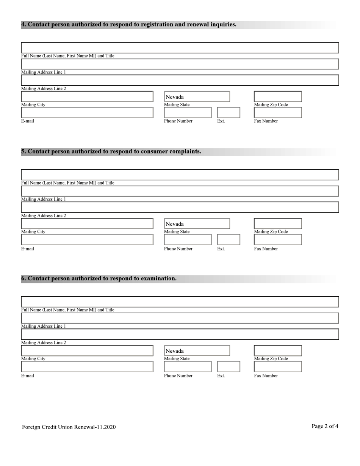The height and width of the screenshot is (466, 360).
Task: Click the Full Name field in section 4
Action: [180, 48]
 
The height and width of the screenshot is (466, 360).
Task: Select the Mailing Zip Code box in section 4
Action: [277, 97]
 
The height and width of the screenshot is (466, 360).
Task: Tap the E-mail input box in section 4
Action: [87, 113]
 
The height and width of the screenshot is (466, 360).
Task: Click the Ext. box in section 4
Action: [229, 113]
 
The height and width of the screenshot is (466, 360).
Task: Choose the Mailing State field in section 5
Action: [197, 224]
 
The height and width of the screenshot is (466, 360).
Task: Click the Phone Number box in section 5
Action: [188, 239]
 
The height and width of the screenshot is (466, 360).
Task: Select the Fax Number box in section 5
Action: [277, 239]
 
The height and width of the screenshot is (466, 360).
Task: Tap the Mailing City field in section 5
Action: [87, 224]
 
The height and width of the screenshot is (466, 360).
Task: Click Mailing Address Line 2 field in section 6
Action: [180, 334]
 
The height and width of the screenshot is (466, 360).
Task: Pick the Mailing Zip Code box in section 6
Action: [277, 350]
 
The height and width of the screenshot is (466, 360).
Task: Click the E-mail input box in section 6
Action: [87, 366]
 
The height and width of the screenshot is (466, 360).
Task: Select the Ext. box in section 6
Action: [229, 366]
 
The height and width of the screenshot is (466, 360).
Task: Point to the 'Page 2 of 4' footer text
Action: [325, 426]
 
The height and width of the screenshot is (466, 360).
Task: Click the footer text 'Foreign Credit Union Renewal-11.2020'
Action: [69, 427]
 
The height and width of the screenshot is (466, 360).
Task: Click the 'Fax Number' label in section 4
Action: [266, 121]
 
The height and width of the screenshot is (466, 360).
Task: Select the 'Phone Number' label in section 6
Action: [178, 376]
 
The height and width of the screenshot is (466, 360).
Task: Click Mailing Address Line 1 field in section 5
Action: [180, 191]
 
